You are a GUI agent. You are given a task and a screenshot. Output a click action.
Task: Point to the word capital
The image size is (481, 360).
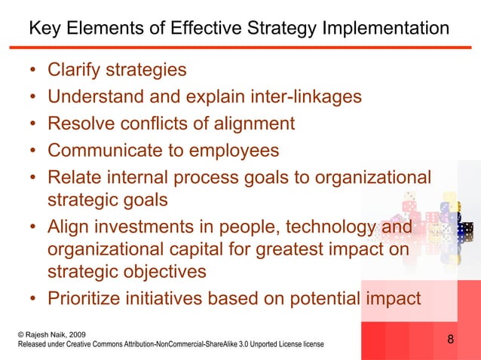(195, 248)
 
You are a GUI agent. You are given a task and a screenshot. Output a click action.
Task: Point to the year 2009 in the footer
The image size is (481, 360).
(79, 333)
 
